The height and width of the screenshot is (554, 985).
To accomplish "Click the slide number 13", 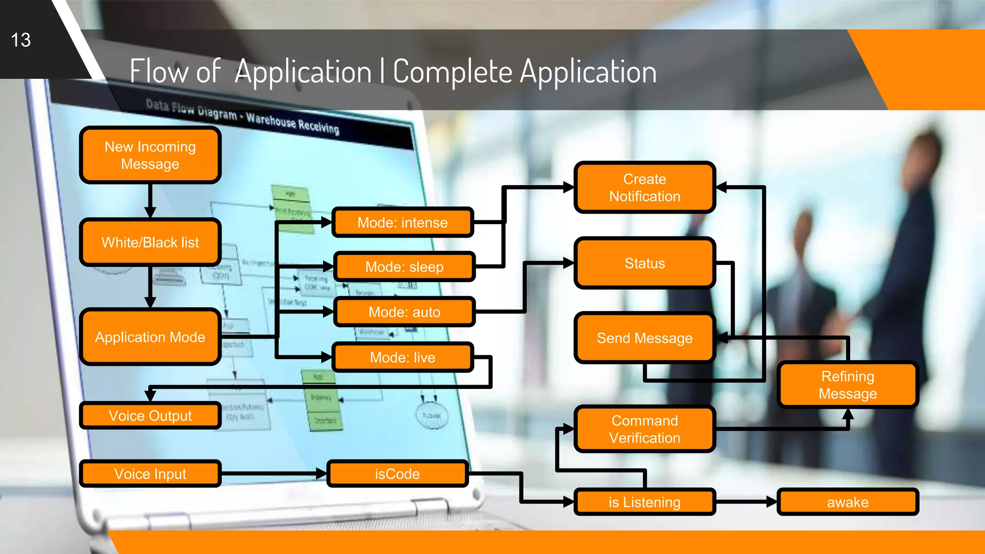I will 21,40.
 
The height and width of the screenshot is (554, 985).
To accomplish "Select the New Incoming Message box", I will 150,155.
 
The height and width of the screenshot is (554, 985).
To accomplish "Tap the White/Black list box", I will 150,242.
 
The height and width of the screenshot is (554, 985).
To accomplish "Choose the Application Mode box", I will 150,337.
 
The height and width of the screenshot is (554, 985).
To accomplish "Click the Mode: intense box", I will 403,223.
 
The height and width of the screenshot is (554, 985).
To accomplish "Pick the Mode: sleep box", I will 404,267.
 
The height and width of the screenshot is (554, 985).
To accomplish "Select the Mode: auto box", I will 404,312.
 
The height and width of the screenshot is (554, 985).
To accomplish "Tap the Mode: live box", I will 403,357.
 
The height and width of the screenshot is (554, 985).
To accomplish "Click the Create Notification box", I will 644,188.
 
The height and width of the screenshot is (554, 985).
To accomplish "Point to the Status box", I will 644,264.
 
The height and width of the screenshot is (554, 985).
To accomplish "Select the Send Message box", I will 644,338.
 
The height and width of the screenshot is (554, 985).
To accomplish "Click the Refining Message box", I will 847,385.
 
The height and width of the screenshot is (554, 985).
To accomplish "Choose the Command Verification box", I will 644,429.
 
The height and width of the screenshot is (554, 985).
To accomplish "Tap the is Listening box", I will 644,502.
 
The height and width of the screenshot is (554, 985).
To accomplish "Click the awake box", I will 847,502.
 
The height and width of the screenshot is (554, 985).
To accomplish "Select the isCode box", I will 397,474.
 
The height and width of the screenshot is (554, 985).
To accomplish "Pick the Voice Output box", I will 150,415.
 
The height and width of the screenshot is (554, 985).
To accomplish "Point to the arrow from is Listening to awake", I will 745,502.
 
